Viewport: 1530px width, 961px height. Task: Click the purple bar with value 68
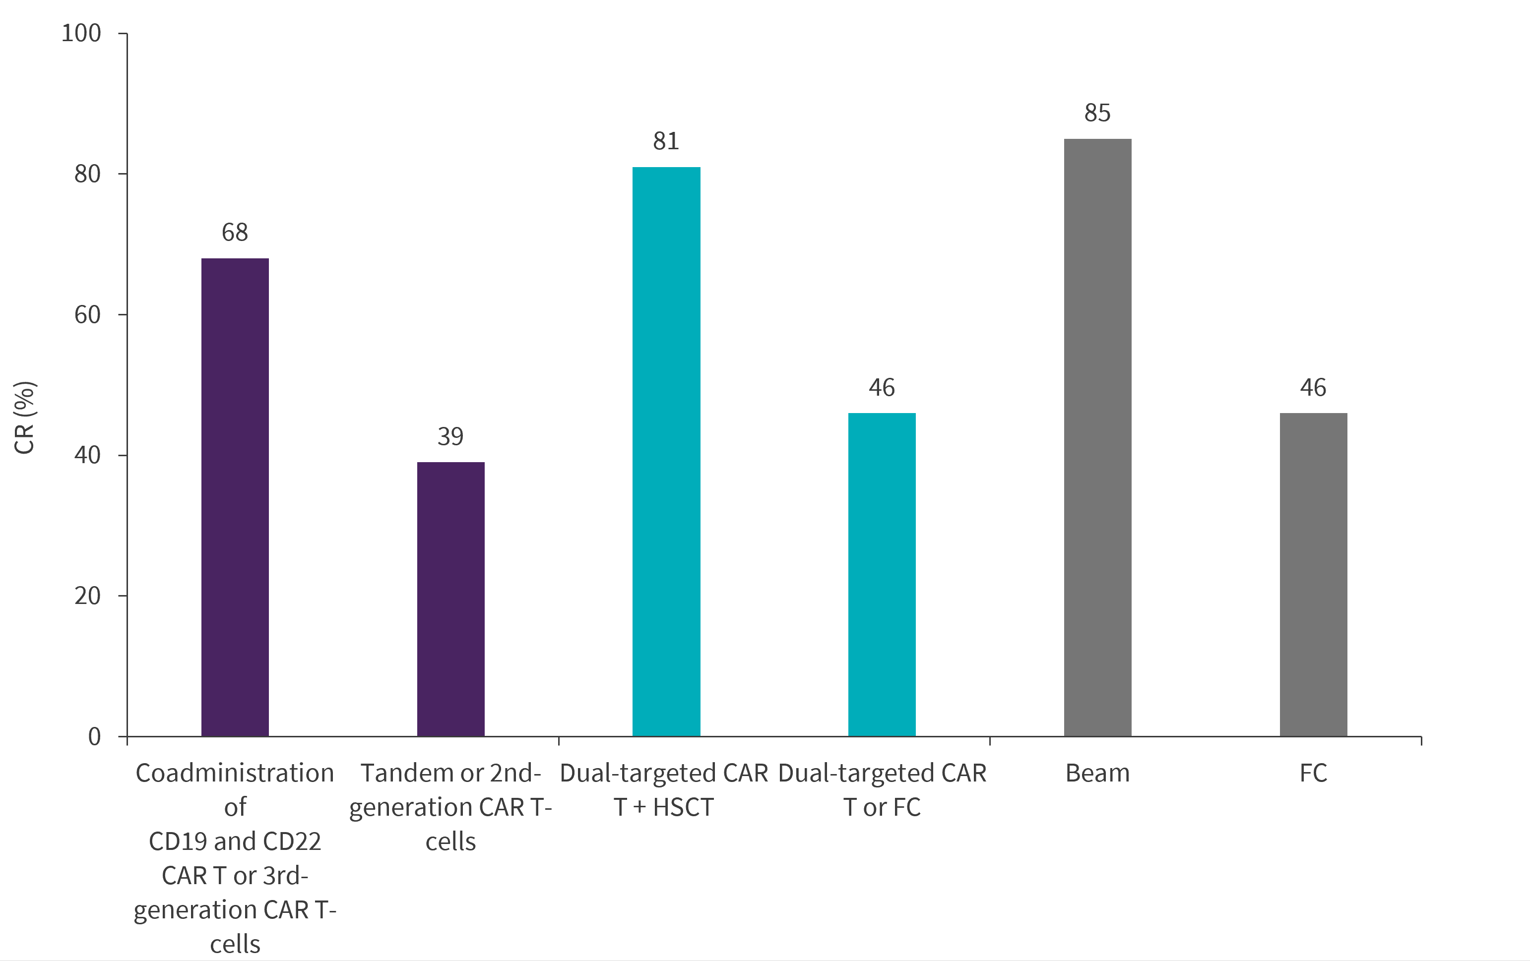(235, 497)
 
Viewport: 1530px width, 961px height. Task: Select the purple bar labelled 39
(450, 599)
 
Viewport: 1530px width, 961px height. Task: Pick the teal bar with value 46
(882, 574)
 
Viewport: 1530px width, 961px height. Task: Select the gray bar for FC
(1313, 574)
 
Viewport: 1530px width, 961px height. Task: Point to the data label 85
(1097, 113)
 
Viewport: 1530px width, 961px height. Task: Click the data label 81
(666, 141)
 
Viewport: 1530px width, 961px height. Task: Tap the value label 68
(235, 233)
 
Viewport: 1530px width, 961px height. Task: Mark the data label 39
(450, 436)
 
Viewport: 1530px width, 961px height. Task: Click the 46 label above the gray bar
(1313, 387)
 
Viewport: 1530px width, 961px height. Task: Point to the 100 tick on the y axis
(81, 33)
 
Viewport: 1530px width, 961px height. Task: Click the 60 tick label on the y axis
(88, 314)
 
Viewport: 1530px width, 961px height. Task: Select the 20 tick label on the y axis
(88, 596)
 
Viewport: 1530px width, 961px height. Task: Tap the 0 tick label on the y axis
(95, 736)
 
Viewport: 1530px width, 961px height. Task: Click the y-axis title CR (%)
(24, 418)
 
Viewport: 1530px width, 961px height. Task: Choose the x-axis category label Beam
(1097, 773)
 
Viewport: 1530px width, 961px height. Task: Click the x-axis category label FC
(1313, 773)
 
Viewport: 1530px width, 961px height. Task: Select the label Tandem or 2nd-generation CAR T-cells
(450, 807)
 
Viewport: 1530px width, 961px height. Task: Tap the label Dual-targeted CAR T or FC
(882, 789)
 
